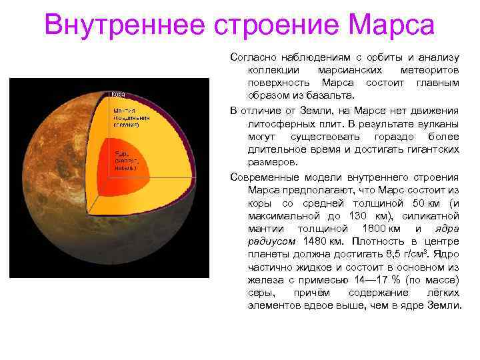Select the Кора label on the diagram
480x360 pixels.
pyautogui.click(x=117, y=94)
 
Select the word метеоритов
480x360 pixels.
pyautogui.click(x=430, y=70)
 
